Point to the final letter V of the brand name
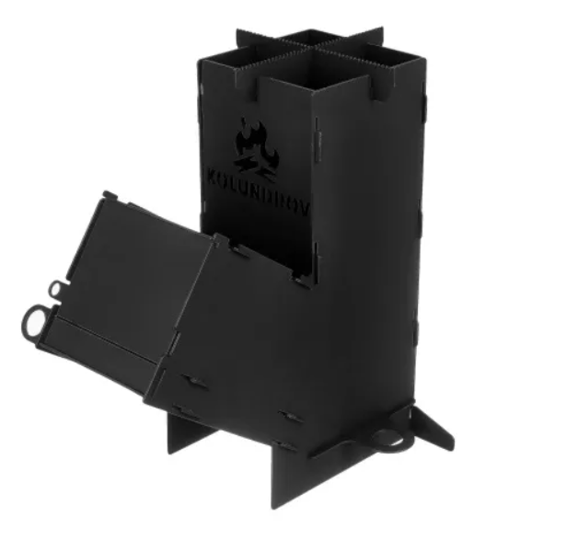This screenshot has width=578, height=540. pyautogui.click(x=305, y=210)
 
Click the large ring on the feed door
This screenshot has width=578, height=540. pyautogui.click(x=33, y=321)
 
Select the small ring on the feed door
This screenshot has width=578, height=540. pyautogui.click(x=56, y=289)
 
